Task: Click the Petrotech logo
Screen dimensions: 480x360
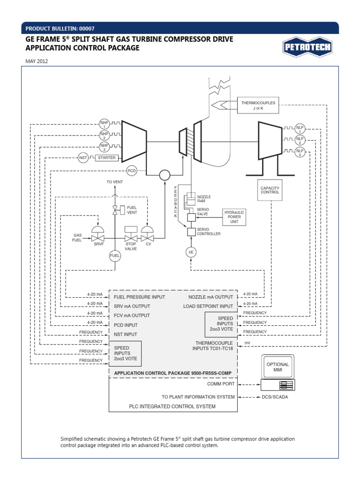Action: tap(307, 47)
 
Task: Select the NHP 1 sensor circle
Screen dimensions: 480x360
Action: tap(104, 124)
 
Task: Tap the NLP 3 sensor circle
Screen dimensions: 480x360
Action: tap(300, 152)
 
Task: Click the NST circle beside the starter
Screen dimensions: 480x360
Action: tap(83, 158)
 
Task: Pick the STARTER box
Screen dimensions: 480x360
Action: tap(106, 158)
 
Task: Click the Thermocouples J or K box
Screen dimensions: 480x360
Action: tap(258, 105)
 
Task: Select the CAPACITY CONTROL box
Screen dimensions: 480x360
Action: tap(270, 190)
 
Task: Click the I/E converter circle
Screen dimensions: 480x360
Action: tap(191, 253)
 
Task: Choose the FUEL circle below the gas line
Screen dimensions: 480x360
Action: tap(115, 255)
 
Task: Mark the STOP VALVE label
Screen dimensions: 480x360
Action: tap(131, 247)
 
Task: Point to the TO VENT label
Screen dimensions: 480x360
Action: tap(114, 181)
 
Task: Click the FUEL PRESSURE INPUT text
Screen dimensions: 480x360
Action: tap(140, 297)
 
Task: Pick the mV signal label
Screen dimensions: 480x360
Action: tap(247, 343)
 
